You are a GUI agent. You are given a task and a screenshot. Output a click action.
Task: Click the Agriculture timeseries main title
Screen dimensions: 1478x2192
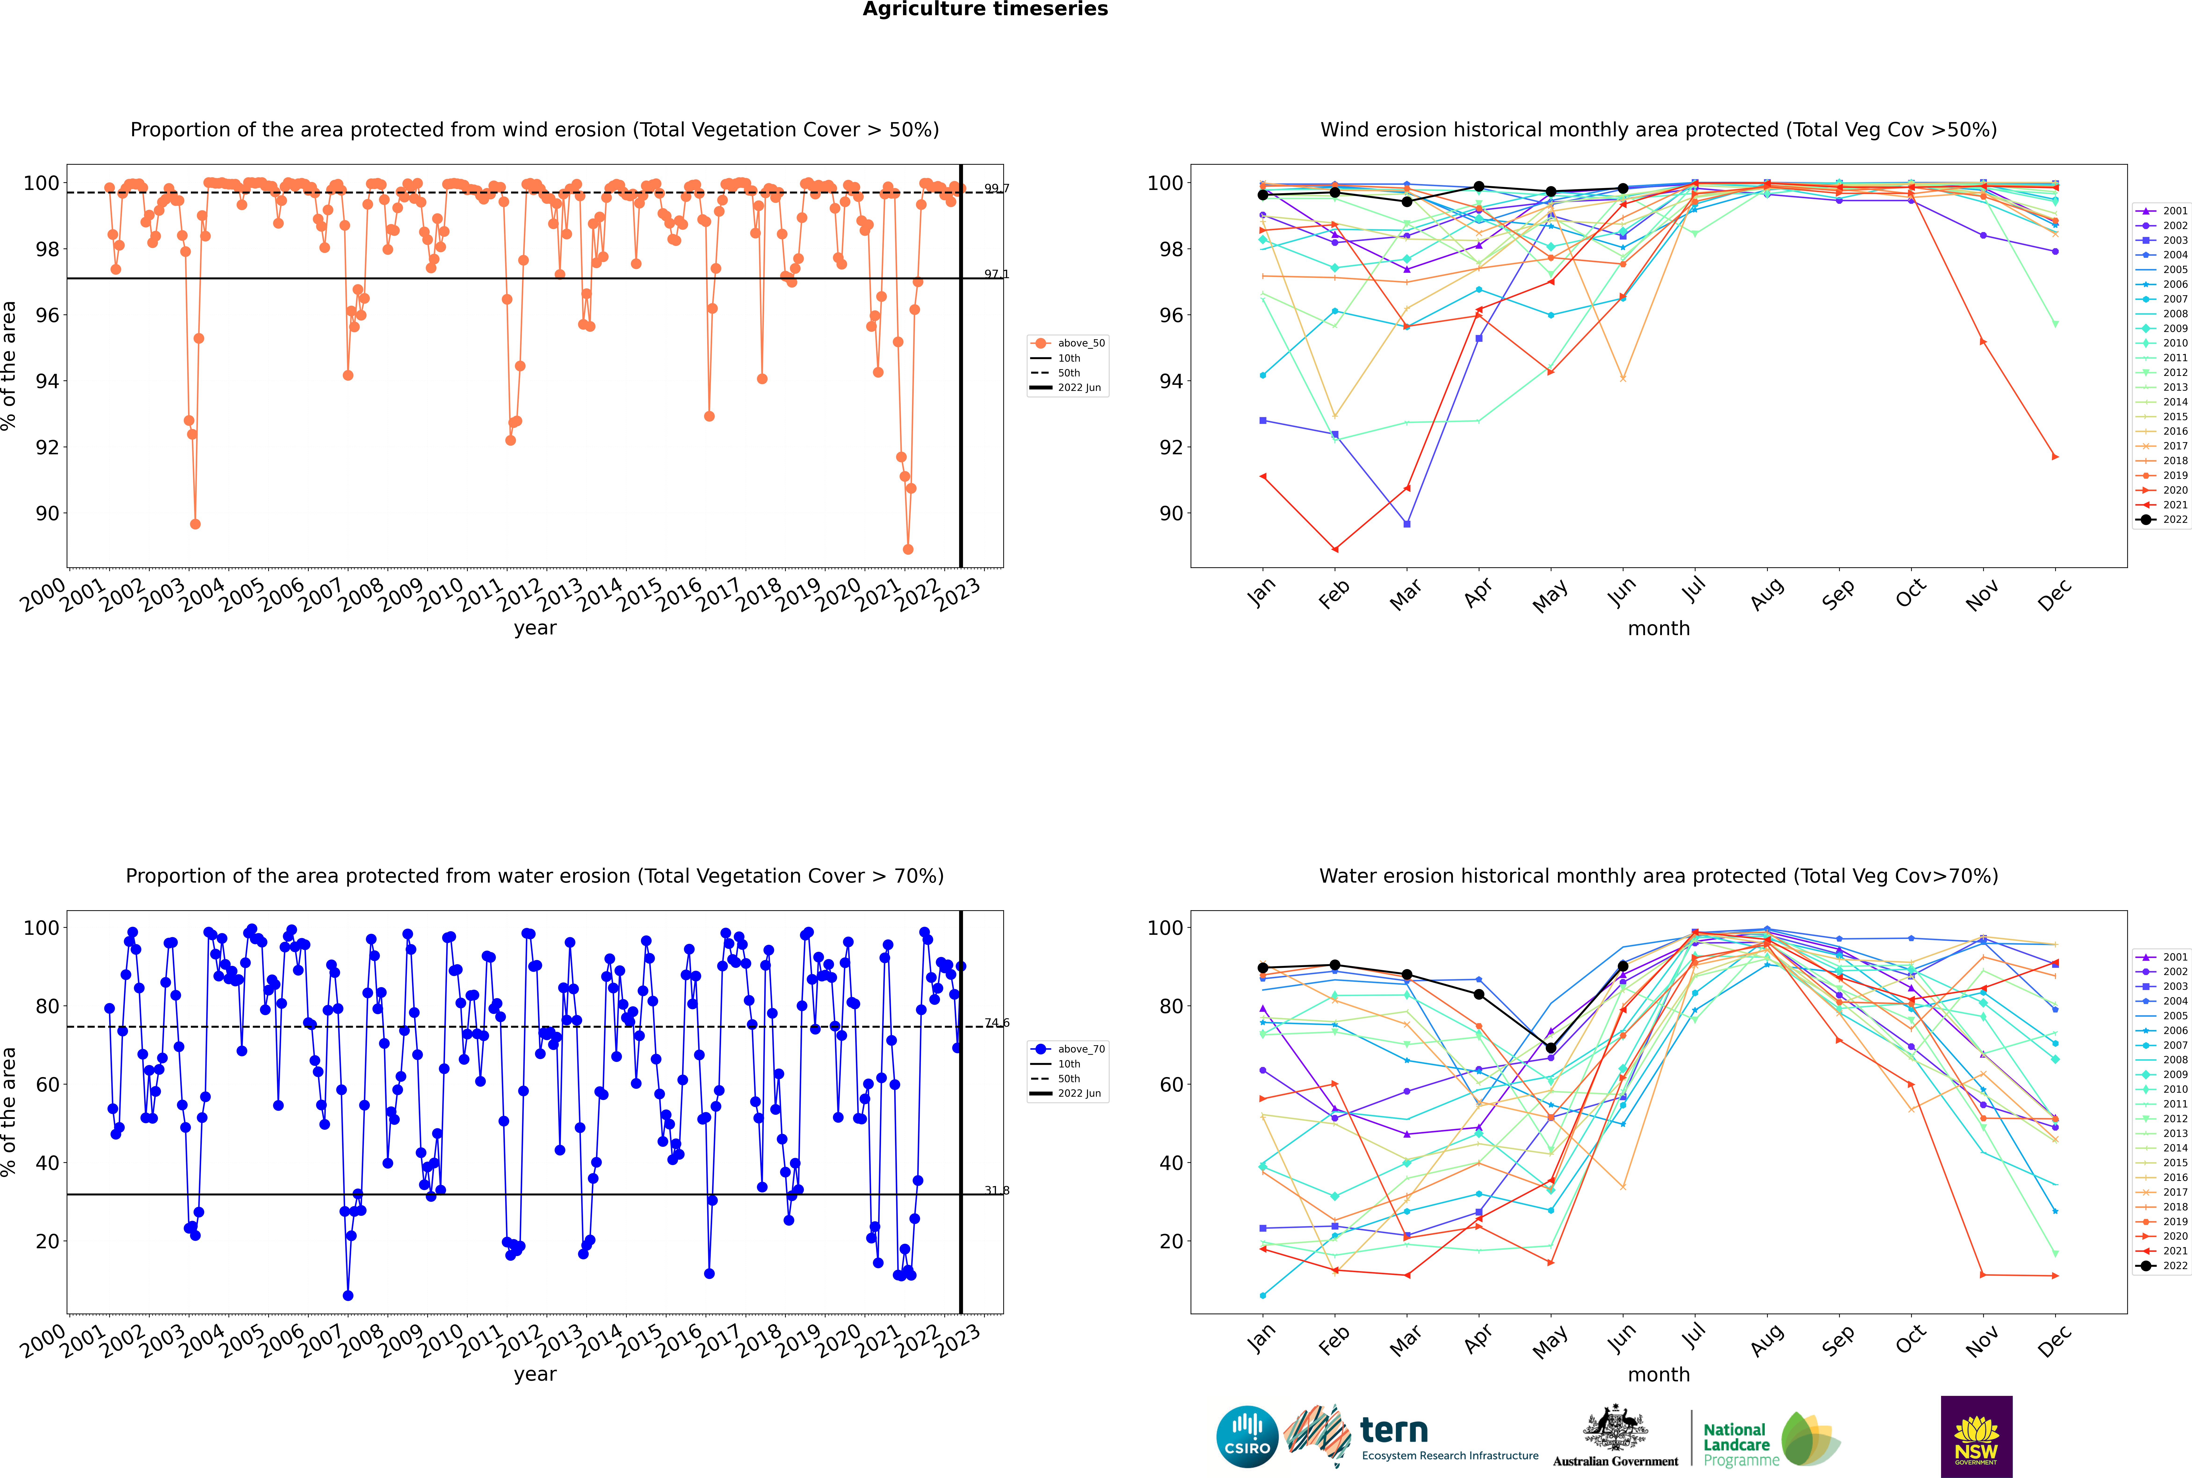[985, 9]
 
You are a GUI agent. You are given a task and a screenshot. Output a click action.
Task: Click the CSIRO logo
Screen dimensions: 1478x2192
[1247, 1437]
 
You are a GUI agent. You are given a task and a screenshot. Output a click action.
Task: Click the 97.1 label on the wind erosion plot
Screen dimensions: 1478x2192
[996, 274]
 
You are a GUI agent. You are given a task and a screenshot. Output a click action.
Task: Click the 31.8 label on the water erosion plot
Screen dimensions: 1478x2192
[996, 1190]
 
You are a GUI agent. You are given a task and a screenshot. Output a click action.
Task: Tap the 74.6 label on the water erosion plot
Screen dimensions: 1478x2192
[996, 1023]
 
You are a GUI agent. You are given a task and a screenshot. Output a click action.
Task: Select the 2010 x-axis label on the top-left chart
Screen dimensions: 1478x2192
[439, 596]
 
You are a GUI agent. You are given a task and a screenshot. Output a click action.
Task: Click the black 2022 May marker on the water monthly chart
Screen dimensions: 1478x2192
[1550, 1048]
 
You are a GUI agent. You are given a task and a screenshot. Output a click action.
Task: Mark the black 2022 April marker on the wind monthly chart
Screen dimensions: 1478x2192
[1479, 187]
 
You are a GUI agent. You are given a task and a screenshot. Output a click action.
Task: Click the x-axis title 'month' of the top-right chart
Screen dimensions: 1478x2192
[1659, 629]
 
